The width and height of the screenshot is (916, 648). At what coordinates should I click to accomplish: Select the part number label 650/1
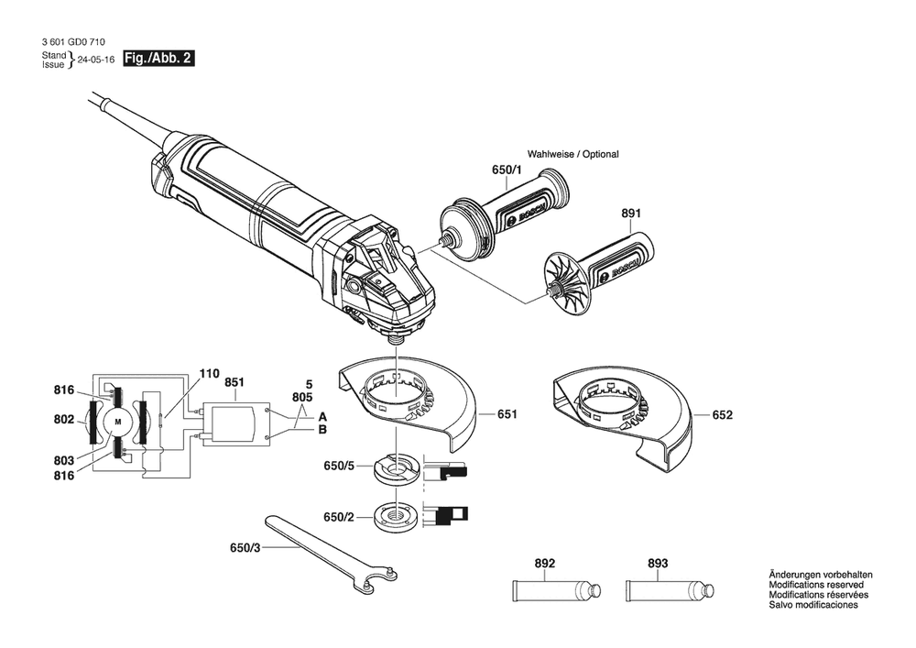point(506,171)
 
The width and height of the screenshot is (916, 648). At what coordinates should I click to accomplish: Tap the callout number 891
point(631,214)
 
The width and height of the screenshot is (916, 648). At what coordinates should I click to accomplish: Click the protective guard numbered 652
point(623,417)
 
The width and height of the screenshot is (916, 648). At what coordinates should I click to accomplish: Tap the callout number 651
point(507,414)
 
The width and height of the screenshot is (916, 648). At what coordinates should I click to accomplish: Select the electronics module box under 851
point(235,427)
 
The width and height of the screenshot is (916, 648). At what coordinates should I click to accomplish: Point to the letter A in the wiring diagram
point(322,414)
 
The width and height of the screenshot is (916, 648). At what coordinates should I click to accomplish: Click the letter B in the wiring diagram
point(322,429)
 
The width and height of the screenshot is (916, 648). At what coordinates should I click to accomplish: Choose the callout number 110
point(210,374)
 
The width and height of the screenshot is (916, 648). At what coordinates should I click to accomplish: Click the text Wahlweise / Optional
point(572,154)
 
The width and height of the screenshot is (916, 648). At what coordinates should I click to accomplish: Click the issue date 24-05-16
point(95,60)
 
